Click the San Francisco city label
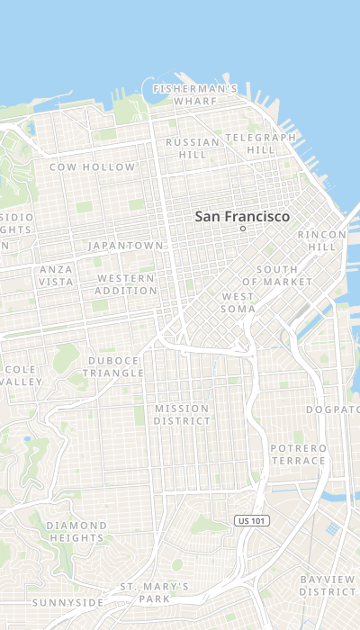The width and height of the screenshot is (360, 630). click(242, 217)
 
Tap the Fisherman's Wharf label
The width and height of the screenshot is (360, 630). click(195, 94)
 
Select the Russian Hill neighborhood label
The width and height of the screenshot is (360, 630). click(193, 148)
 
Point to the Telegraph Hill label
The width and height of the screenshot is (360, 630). click(260, 143)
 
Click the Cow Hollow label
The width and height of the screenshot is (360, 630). click(92, 167)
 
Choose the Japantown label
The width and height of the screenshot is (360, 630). click(126, 245)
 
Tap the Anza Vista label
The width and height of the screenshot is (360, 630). click(56, 275)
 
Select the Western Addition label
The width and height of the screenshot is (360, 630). click(126, 284)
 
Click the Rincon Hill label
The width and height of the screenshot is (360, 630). click(321, 240)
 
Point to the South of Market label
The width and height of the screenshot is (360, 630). click(283, 275)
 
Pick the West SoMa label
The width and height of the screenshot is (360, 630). click(238, 302)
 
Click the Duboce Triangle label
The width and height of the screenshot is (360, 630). click(113, 366)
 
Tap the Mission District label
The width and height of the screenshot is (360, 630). click(182, 414)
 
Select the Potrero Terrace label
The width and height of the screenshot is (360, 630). click(298, 454)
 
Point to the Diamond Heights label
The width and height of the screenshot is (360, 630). click(76, 531)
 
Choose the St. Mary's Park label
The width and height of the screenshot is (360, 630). click(155, 592)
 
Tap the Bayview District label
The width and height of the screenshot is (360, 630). click(328, 585)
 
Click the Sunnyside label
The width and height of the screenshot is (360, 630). click(67, 602)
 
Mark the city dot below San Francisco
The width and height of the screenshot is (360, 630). click(242, 229)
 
